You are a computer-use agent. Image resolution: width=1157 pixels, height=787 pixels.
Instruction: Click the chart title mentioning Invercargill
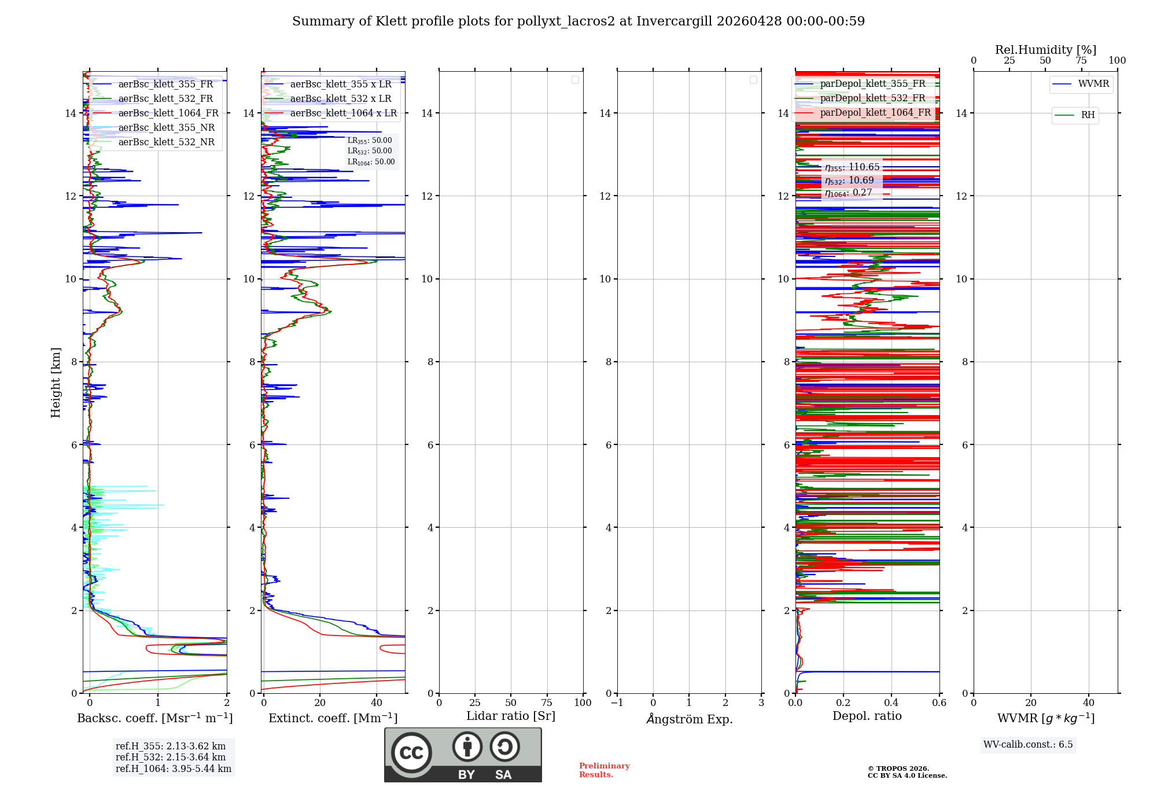point(578,21)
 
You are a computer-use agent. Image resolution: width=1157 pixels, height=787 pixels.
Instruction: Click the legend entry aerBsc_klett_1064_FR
point(168,113)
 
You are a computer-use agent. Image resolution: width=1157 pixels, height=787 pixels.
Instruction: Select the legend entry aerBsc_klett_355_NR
point(166,128)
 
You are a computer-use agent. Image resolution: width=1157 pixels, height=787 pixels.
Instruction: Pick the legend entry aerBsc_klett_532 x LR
point(340,99)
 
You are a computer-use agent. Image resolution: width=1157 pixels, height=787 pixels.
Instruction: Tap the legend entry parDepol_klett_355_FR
point(872,84)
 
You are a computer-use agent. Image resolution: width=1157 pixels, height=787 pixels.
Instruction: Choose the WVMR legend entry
point(1093,84)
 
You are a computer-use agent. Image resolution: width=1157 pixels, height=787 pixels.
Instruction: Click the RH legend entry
point(1087,115)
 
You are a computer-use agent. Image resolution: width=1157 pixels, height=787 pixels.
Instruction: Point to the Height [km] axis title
point(56,383)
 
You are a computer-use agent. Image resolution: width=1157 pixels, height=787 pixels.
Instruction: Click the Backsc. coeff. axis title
point(154,718)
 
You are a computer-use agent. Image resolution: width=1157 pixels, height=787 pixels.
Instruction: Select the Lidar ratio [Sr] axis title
point(511,716)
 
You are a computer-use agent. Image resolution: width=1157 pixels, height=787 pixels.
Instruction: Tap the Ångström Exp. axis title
point(689,719)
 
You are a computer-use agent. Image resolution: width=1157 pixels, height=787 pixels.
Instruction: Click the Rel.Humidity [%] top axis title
point(1045,50)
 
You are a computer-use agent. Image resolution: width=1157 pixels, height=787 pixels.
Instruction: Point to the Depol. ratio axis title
point(867,716)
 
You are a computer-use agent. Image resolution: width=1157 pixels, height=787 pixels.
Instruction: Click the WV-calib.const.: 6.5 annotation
point(1028,745)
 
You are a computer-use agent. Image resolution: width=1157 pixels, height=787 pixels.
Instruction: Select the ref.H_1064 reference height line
point(173,769)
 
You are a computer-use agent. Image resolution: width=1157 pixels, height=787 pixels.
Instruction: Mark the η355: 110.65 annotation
point(852,167)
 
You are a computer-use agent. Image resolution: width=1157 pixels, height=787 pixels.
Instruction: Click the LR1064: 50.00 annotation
point(371,162)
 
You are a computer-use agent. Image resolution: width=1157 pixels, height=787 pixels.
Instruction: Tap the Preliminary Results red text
point(604,770)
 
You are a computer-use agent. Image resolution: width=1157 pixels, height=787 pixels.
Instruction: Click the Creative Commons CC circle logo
point(411,752)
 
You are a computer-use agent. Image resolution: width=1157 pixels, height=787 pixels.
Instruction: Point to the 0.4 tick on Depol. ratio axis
point(891,703)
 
